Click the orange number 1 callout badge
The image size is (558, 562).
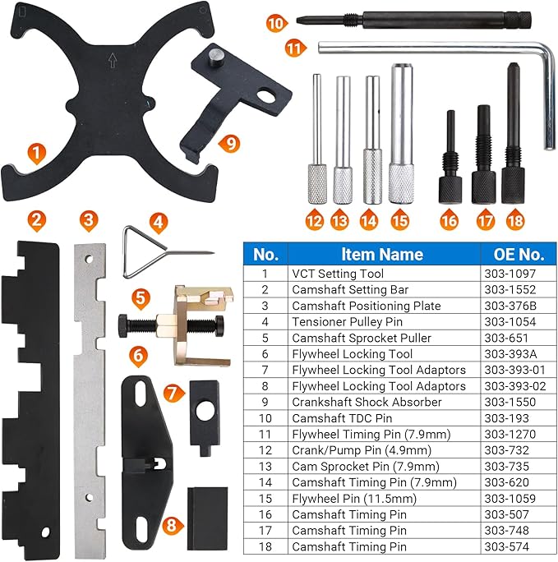pyautogui.click(x=35, y=152)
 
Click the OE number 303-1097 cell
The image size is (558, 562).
pyautogui.click(x=507, y=274)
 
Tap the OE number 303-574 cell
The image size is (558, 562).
pyautogui.click(x=504, y=546)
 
